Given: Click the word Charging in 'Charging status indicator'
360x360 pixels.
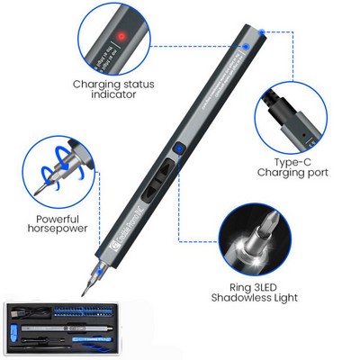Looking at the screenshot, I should click(x=98, y=85).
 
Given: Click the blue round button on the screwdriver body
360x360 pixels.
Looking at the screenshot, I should click(x=180, y=150).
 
